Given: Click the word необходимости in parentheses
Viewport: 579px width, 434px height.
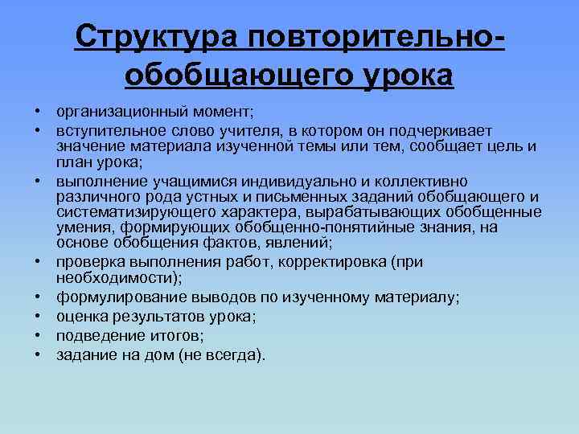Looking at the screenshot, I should coord(117,277).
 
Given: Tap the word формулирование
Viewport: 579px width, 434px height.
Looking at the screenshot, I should coord(113,297).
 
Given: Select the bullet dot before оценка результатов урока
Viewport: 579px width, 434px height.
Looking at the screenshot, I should coord(38,317).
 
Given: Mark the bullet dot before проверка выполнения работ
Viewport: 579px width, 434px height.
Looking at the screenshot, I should coord(38,262).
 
